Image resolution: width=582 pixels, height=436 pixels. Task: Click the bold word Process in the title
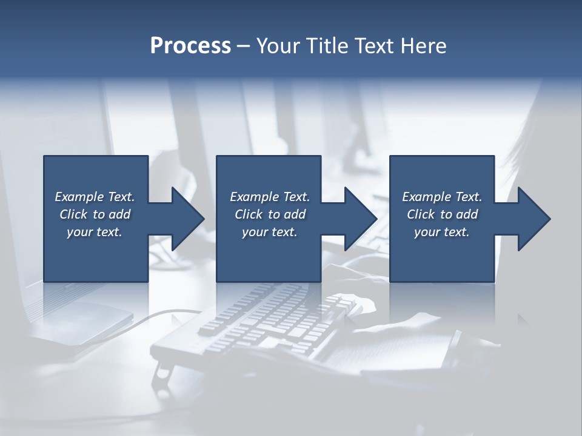point(190,46)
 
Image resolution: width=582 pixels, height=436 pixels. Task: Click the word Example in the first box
point(78,197)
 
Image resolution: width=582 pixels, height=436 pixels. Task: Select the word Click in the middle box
point(249,214)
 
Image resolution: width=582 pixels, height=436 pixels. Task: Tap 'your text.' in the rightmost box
point(441,232)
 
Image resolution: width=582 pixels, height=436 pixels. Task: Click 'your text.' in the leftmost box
point(95,232)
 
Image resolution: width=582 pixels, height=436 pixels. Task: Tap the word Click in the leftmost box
point(73,214)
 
